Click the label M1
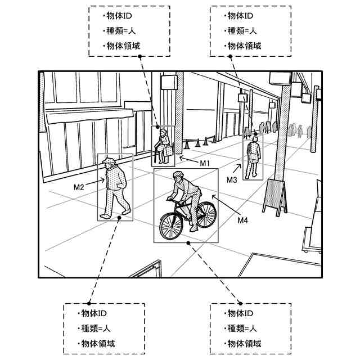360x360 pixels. (x=204, y=163)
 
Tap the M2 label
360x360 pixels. (x=79, y=186)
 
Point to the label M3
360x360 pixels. (x=232, y=180)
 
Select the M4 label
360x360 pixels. (x=242, y=220)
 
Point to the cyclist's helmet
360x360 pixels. (x=178, y=175)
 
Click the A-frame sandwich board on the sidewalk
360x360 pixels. (x=275, y=195)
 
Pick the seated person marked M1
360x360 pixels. (x=164, y=146)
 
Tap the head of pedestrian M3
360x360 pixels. (x=255, y=138)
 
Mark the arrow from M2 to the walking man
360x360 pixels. (x=94, y=182)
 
